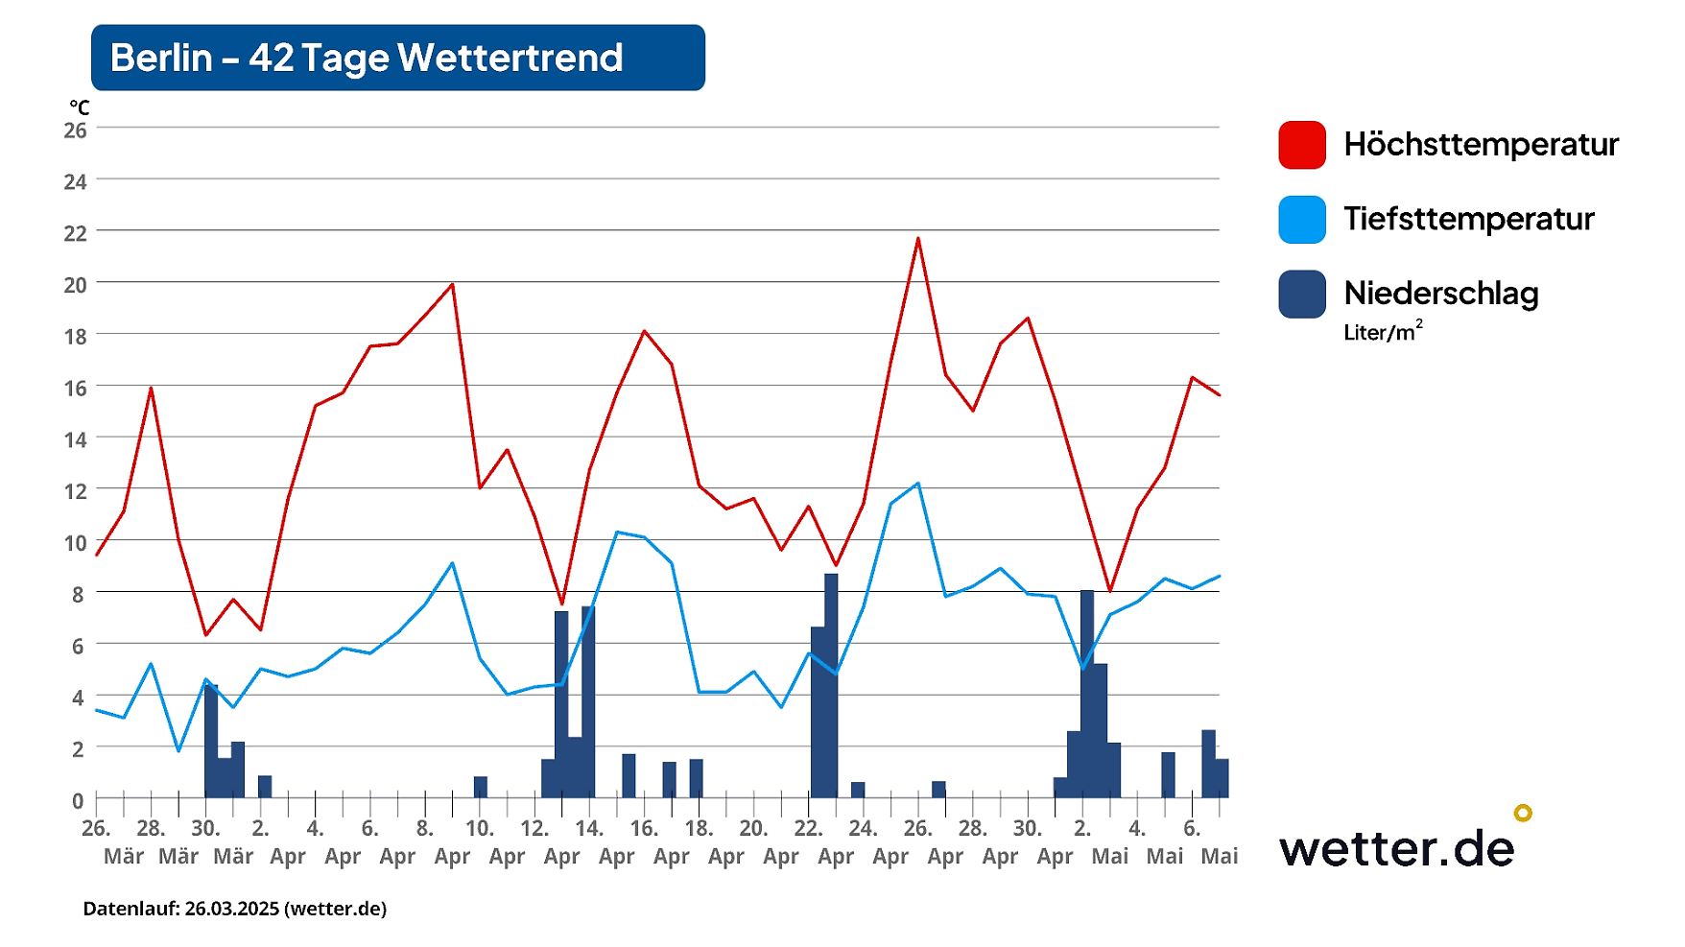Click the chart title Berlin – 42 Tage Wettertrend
(367, 58)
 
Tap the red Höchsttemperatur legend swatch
(1302, 145)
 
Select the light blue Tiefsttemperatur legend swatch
(1302, 219)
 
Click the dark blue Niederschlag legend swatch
(1302, 294)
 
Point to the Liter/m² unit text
(1382, 332)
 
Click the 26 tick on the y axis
(75, 130)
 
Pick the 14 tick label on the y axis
(75, 440)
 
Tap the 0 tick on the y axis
(78, 800)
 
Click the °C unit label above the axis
(79, 107)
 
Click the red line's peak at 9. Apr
(452, 284)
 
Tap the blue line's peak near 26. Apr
(918, 484)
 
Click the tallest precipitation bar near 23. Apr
(831, 685)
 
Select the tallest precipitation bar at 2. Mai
(1087, 694)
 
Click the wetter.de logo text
(1396, 848)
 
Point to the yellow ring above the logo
(1523, 813)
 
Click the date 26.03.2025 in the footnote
(231, 909)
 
